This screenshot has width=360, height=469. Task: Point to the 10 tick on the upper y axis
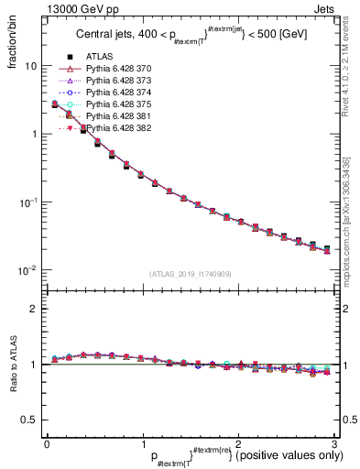tap(30, 66)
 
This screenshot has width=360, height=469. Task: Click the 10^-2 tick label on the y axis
tap(28, 270)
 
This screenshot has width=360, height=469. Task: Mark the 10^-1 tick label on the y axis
tap(28, 202)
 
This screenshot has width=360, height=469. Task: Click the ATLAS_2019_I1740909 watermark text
tap(191, 273)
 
